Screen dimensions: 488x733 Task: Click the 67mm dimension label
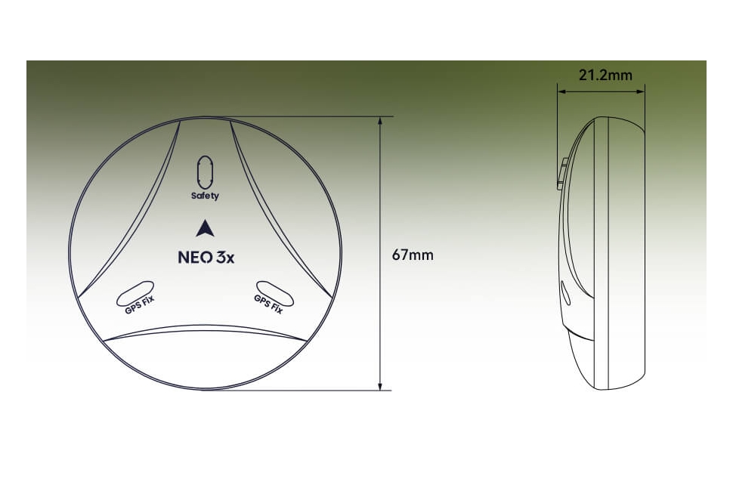413,255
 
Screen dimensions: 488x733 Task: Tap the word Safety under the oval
205,196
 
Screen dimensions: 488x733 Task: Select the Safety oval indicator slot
205,173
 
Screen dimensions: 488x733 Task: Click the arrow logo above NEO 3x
205,228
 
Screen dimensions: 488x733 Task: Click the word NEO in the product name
190,257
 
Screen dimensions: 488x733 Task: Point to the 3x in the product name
224,257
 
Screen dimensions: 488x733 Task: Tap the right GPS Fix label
268,304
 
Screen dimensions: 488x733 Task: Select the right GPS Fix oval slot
275,291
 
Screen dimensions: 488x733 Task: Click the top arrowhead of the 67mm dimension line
380,122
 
